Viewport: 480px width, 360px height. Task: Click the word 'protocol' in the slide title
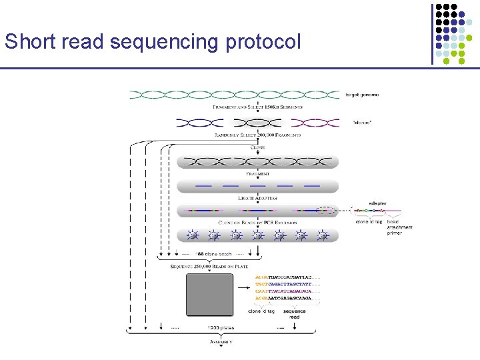[263, 42]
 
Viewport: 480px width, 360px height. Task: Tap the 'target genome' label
[363, 95]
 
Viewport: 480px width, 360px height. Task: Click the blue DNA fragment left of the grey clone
[199, 123]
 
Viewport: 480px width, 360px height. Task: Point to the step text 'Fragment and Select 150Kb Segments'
[257, 107]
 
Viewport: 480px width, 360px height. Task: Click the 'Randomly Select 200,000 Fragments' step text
[257, 135]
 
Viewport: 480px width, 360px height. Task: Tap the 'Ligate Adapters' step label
[257, 199]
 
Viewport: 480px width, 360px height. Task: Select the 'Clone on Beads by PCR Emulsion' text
[257, 222]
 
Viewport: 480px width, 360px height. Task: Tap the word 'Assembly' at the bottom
[221, 342]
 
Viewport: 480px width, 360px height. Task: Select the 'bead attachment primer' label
[399, 227]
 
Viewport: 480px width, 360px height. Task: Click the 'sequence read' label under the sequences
[294, 314]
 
